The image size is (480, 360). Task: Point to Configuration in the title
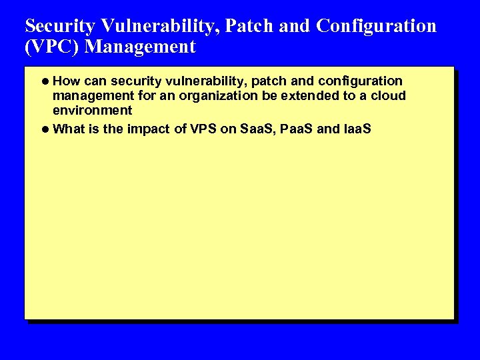point(377,26)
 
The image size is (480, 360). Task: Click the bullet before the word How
point(45,81)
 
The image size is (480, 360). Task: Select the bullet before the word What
point(45,129)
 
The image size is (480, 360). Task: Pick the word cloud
point(388,96)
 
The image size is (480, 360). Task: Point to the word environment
point(93,111)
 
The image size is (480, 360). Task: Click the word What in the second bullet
point(68,129)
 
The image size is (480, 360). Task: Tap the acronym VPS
point(204,129)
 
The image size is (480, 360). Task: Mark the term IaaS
point(357,129)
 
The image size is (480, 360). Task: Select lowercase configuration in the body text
point(361,81)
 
